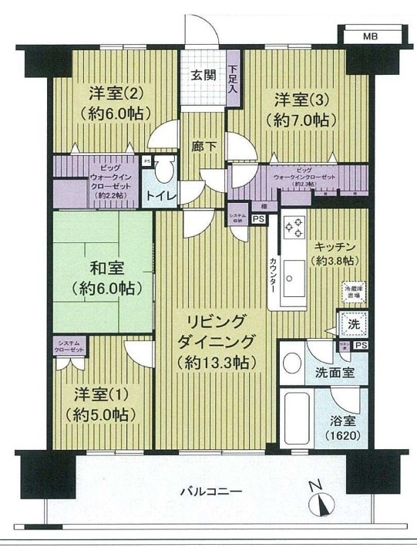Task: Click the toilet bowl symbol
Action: [162, 171]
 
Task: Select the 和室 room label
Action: [103, 272]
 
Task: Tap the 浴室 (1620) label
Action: [339, 428]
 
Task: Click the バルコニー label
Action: [211, 492]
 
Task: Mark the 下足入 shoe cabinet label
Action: [233, 74]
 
